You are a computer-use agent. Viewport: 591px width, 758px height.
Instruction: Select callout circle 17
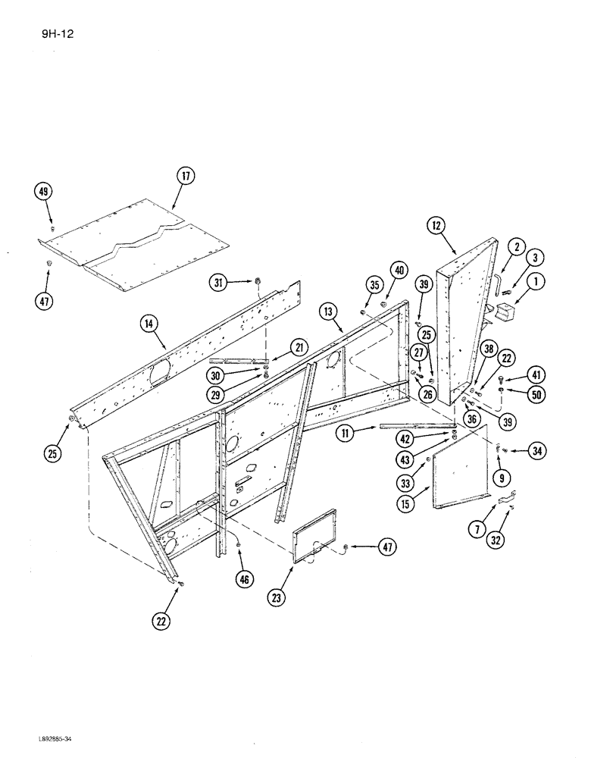[x=186, y=176]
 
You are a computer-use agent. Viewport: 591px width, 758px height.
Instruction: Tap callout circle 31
[x=220, y=283]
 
